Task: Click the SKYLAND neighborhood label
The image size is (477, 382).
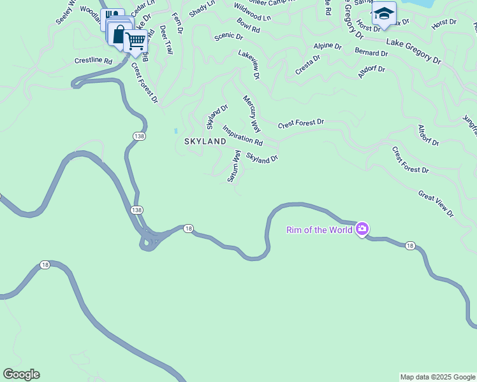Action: pyautogui.click(x=205, y=141)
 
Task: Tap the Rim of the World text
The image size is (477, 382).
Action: pyautogui.click(x=319, y=230)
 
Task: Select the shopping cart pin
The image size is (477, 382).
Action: pyautogui.click(x=135, y=42)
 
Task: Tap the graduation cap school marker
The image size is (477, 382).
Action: pyautogui.click(x=384, y=14)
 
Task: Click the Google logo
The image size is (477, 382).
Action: pyautogui.click(x=21, y=374)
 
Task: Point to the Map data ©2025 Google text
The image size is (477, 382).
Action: pyautogui.click(x=437, y=377)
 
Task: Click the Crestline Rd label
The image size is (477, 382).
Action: pyautogui.click(x=93, y=60)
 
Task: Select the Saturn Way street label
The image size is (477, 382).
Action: pyautogui.click(x=234, y=166)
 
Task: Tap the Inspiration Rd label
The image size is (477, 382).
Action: pyautogui.click(x=242, y=135)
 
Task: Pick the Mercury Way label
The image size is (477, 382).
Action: pyautogui.click(x=252, y=113)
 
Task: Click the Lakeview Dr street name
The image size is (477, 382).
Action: pyautogui.click(x=249, y=65)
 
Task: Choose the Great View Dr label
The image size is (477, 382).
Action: pyautogui.click(x=436, y=204)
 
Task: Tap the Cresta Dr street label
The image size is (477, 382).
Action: pyautogui.click(x=307, y=65)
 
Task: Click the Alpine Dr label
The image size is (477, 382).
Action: pyautogui.click(x=327, y=47)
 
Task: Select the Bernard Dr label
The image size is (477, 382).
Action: pyautogui.click(x=371, y=53)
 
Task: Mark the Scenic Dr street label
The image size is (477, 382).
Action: pyautogui.click(x=228, y=36)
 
